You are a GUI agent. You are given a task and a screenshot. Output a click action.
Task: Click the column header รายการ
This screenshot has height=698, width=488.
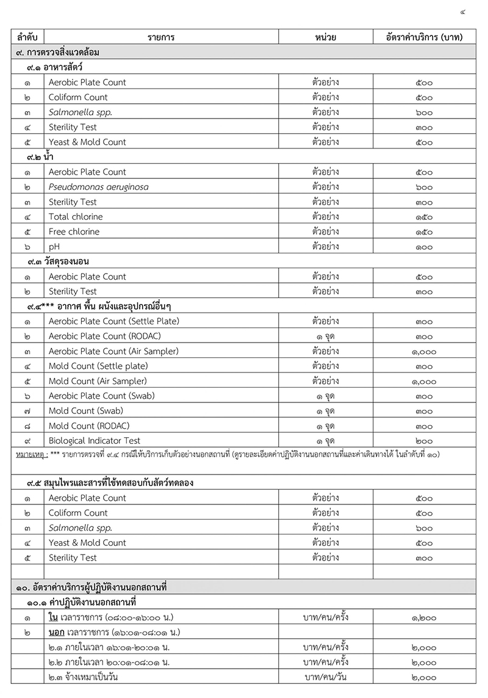(161, 37)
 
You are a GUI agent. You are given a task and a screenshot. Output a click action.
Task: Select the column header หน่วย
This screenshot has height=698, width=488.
(326, 37)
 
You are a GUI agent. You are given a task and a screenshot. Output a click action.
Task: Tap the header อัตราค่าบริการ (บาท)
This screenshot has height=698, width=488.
(424, 37)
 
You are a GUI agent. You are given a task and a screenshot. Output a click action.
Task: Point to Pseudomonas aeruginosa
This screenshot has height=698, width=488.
(98, 187)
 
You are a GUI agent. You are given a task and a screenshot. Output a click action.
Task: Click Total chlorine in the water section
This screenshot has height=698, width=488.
(76, 217)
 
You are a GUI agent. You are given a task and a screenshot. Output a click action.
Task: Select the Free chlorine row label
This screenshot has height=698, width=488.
(74, 231)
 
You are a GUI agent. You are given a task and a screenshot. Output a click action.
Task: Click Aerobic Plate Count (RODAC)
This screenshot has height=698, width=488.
(105, 336)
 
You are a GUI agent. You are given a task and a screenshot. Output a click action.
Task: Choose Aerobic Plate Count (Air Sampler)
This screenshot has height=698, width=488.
(113, 351)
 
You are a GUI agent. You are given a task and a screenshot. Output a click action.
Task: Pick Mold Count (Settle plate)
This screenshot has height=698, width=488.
(98, 366)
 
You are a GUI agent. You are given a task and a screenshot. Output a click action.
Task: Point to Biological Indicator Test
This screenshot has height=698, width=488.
(95, 441)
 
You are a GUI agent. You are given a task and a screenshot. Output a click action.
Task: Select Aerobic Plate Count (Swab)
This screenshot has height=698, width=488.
(102, 396)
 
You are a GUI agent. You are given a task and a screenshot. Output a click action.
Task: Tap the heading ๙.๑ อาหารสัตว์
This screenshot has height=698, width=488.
(54, 67)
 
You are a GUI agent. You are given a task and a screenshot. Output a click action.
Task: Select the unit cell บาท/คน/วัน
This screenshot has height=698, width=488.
(326, 677)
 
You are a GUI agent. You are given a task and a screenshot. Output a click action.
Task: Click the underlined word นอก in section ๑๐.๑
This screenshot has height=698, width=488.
(57, 632)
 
